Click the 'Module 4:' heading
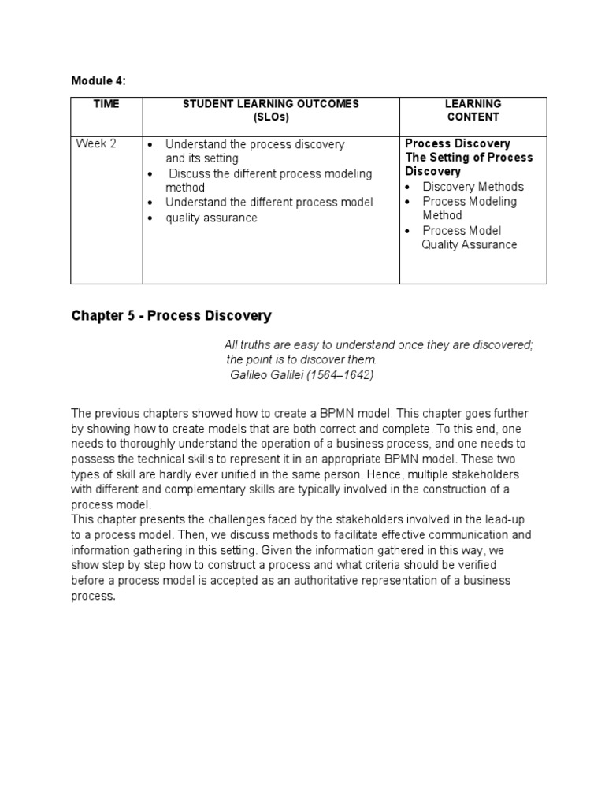tap(98, 80)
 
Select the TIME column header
tap(106, 104)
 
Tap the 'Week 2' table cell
tap(95, 144)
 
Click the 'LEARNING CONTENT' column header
tap(473, 110)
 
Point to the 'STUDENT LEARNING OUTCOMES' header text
tap(271, 104)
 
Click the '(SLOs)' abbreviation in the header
tap(271, 117)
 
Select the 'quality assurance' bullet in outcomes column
tap(211, 218)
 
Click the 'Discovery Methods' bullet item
tap(473, 187)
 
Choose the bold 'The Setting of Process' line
tap(469, 158)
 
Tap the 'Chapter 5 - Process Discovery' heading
tap(171, 316)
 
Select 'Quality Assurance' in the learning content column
tap(469, 245)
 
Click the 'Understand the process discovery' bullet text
tap(254, 145)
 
